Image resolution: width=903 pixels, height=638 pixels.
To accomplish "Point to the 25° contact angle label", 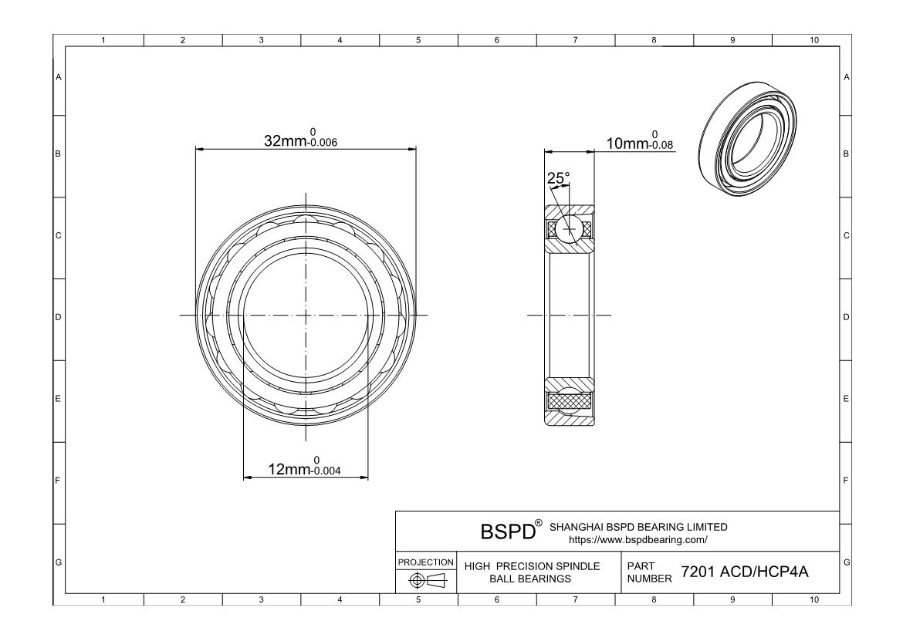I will [558, 178].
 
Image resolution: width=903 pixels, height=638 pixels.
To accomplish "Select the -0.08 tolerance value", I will [661, 145].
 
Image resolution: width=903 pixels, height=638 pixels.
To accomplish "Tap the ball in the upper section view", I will [570, 228].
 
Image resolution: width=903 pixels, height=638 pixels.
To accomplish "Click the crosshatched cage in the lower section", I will [570, 400].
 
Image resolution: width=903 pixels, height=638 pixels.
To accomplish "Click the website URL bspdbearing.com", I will [632, 539].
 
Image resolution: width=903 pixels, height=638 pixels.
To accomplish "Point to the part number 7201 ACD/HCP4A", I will [744, 572].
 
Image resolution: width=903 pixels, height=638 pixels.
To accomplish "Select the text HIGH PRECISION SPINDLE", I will [532, 566].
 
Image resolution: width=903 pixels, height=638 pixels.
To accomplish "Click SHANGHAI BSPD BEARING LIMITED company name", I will [638, 527].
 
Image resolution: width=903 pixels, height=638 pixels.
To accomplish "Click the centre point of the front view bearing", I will [306, 315].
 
